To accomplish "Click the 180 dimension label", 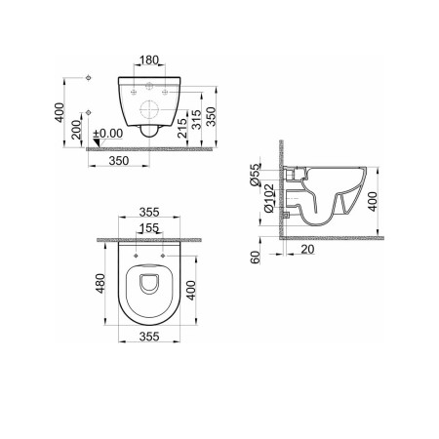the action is (x=149, y=60).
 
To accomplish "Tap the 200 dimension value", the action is (x=76, y=130).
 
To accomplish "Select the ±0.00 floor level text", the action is (x=108, y=134).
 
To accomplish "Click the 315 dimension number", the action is (x=196, y=120).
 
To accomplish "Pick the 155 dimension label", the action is (x=149, y=228).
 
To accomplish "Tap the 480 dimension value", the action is (x=100, y=283).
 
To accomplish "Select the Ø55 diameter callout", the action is (x=256, y=175).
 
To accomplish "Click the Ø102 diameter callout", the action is (x=269, y=198).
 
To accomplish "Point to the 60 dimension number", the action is (x=256, y=258).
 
